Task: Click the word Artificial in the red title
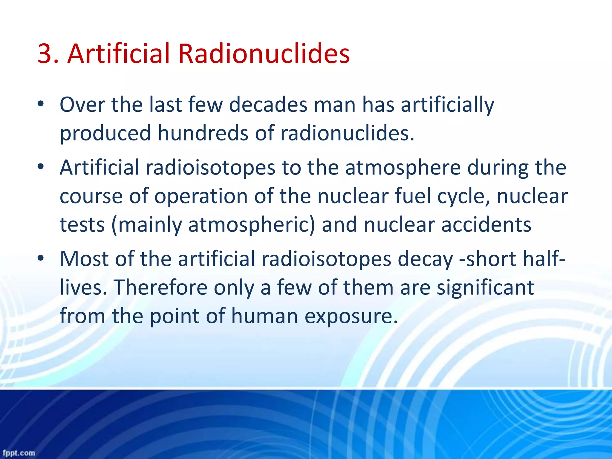click(x=119, y=54)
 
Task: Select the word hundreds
click(x=203, y=133)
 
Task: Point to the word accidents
click(x=486, y=225)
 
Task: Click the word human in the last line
click(x=264, y=316)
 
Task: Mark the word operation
click(x=201, y=197)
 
